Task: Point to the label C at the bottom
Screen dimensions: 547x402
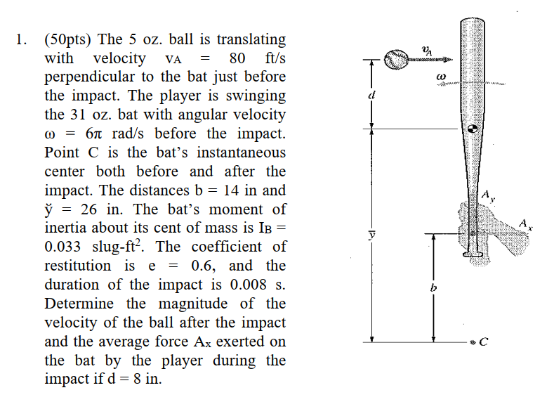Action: click(483, 342)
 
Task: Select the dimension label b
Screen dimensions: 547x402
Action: click(433, 288)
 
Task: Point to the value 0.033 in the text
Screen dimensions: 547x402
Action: click(64, 247)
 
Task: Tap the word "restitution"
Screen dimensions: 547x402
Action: click(77, 266)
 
